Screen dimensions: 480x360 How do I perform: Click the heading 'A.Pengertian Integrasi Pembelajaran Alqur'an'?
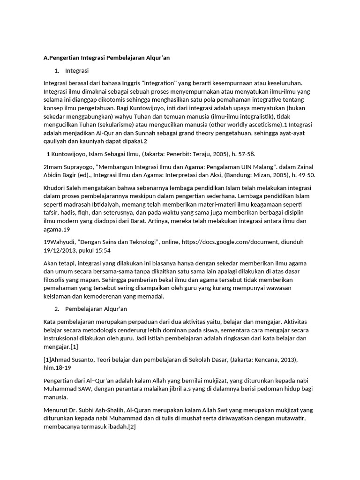coord(106,58)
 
